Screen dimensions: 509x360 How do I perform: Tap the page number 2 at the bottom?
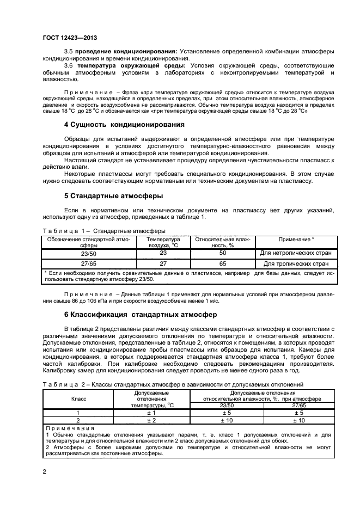point(44,471)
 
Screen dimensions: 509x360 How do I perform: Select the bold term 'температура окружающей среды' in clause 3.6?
point(130,66)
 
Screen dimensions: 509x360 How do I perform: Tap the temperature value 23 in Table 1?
point(162,253)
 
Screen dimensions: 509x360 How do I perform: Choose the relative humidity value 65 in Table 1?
point(222,263)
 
